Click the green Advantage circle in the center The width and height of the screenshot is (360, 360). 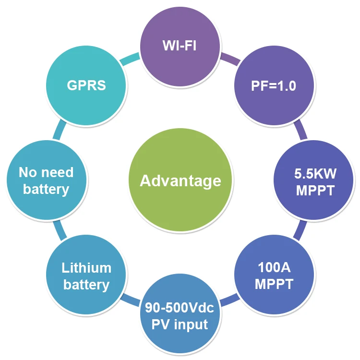point(180,180)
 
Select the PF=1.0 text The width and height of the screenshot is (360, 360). point(274,86)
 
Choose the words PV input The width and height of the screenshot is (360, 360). point(180,324)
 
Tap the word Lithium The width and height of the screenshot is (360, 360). point(86,267)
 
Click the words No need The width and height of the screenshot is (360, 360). point(46,172)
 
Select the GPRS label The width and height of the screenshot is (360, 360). point(86,86)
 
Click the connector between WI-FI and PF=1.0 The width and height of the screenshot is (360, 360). point(229,60)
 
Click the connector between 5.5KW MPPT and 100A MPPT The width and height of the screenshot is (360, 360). point(300,229)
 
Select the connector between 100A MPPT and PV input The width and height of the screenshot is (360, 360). point(229,301)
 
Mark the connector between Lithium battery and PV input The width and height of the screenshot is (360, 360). point(130,301)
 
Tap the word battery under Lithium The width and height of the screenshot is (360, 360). point(86,285)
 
